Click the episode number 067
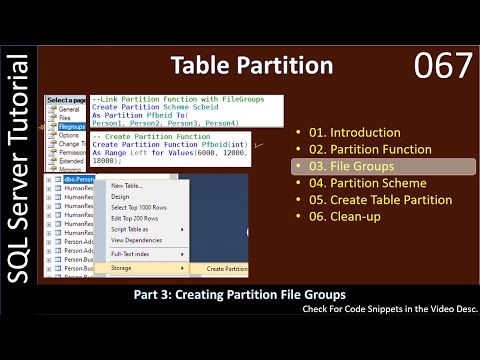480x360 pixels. point(441,68)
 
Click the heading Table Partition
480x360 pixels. point(251,67)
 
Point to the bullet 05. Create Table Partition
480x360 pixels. point(373,200)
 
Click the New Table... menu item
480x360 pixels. point(126,186)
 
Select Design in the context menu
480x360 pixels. point(120,197)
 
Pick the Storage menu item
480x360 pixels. point(121,268)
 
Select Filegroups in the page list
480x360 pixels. point(69,128)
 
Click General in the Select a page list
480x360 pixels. point(67,111)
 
